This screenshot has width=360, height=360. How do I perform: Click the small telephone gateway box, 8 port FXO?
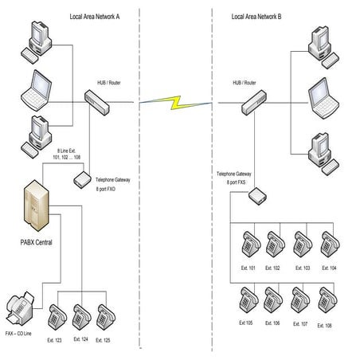[80, 181]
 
